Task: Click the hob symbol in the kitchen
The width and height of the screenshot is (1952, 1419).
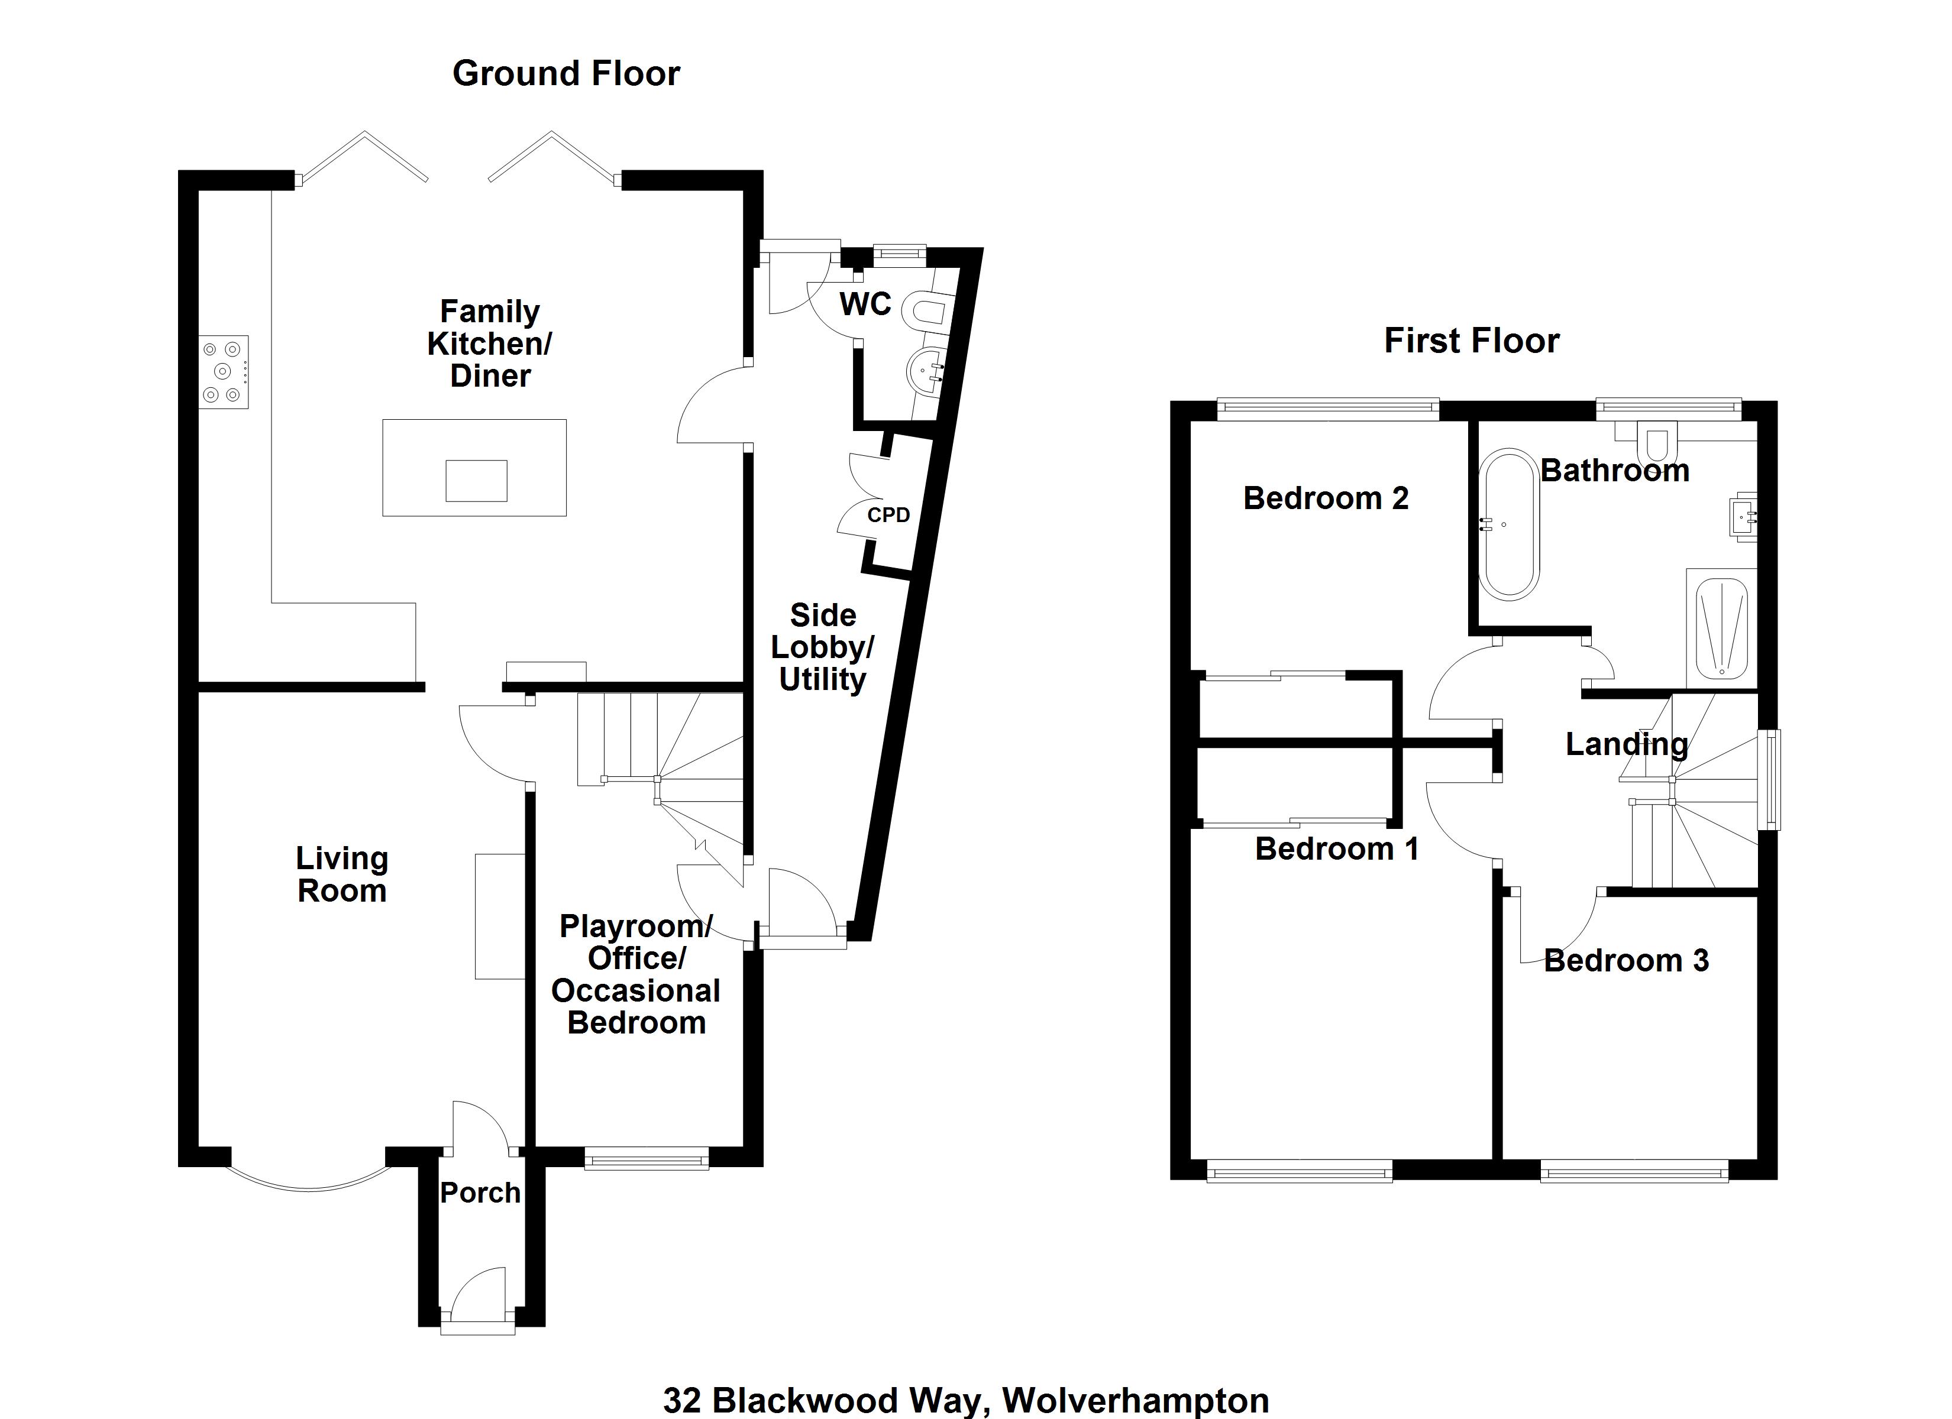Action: pos(223,372)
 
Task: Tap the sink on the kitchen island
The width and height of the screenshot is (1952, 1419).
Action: pos(476,480)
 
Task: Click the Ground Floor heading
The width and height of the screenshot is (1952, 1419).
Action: pos(565,74)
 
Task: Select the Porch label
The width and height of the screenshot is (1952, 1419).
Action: pos(480,1193)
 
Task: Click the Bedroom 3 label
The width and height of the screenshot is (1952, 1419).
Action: pos(1626,960)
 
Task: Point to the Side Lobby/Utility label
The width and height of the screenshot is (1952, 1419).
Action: pos(822,647)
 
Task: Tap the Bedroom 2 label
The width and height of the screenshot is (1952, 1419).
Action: pos(1326,498)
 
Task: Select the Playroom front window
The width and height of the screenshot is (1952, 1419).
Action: pos(647,1161)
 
